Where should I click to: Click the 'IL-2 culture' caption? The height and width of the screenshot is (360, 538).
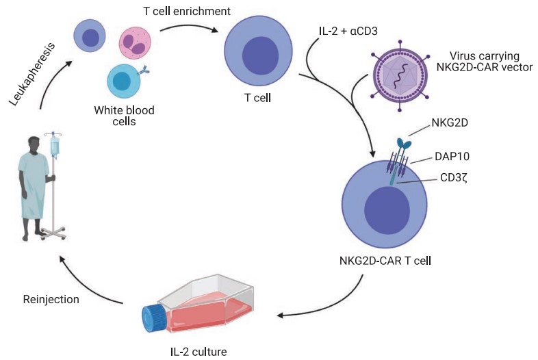pos(198,352)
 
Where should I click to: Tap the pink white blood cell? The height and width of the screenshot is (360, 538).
pos(137,44)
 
